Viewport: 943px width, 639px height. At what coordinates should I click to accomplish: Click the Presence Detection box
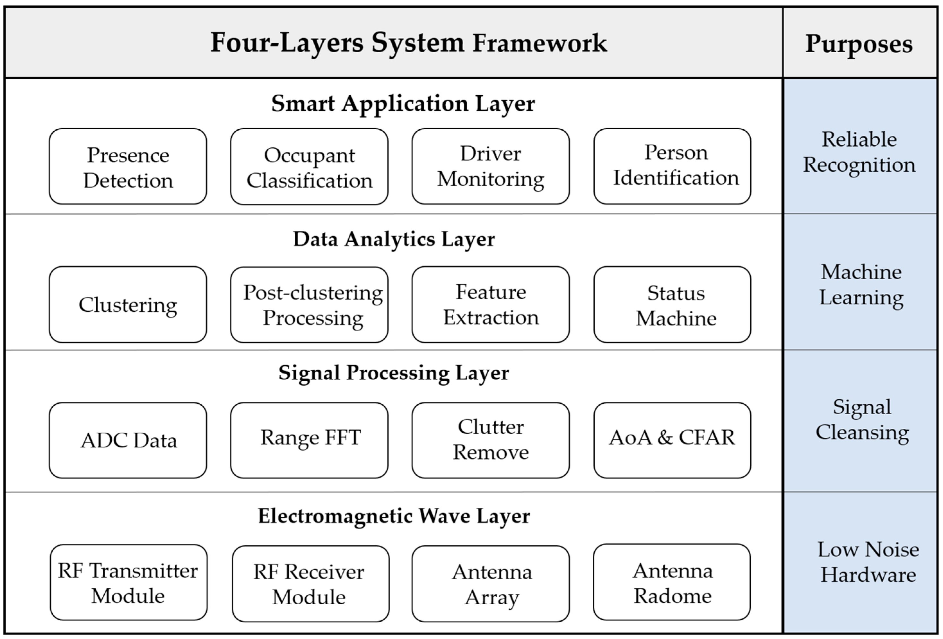click(x=128, y=167)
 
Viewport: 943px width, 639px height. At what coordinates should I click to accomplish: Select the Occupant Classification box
click(x=309, y=167)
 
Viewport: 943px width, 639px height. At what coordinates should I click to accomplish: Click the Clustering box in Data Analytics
click(x=128, y=305)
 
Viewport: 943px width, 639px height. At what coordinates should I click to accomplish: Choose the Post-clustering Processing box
click(x=309, y=305)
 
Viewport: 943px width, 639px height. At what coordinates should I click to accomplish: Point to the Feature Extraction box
click(x=490, y=305)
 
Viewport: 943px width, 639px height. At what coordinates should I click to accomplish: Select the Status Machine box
click(x=672, y=305)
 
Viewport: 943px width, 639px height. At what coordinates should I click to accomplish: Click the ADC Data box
click(x=128, y=440)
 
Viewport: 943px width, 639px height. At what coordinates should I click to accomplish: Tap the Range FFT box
click(x=309, y=440)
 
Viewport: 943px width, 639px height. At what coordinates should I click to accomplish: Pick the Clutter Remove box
click(x=490, y=440)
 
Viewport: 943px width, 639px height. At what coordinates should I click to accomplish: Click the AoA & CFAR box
click(x=672, y=440)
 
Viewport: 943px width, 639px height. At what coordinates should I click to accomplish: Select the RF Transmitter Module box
click(x=129, y=583)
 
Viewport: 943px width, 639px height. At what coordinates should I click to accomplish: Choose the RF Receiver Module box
click(x=310, y=584)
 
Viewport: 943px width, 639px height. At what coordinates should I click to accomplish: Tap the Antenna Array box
click(x=490, y=584)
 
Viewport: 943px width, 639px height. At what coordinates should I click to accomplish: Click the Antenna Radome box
click(x=672, y=582)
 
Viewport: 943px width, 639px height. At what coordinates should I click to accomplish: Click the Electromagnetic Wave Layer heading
click(x=394, y=516)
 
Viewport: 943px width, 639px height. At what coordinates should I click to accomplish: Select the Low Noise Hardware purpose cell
click(x=860, y=562)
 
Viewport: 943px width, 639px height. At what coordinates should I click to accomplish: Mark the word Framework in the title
click(x=540, y=43)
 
